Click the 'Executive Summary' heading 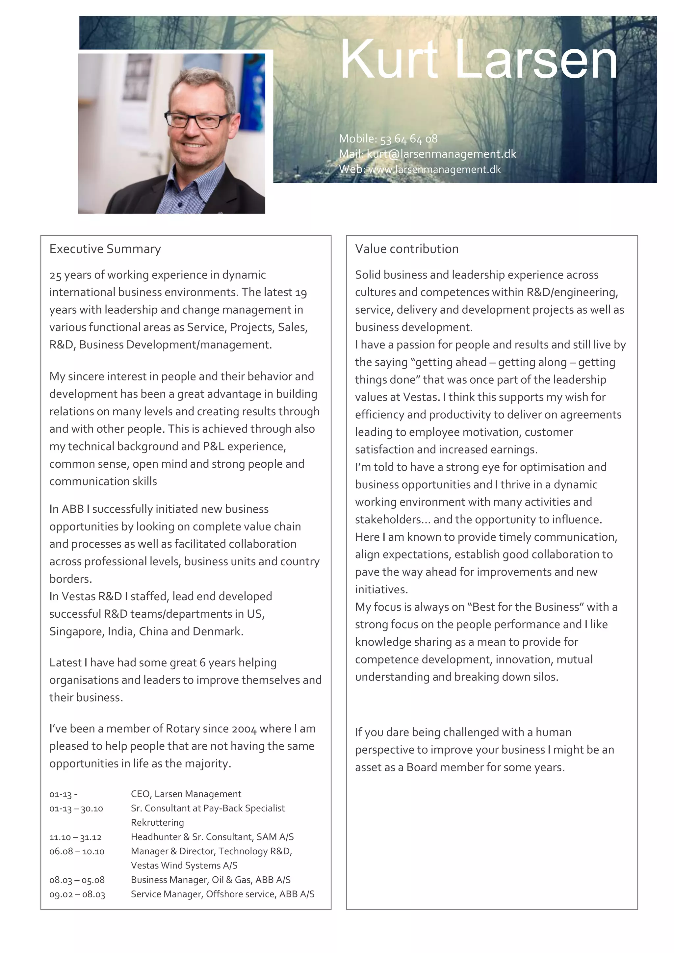(x=105, y=249)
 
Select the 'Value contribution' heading (x=406, y=249)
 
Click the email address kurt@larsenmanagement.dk (x=442, y=154)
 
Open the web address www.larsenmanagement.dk (x=434, y=169)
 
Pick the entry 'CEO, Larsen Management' (x=186, y=794)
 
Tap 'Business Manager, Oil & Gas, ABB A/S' (x=210, y=880)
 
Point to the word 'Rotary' (x=183, y=729)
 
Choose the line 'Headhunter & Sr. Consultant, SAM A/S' (x=212, y=837)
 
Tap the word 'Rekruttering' (x=157, y=823)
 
